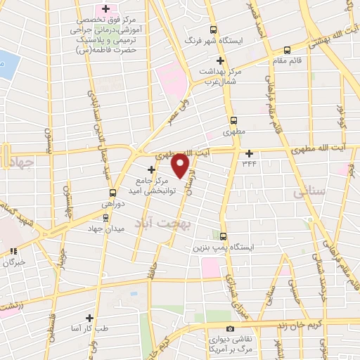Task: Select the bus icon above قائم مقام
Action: pos(287,50)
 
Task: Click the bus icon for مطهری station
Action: pos(233,120)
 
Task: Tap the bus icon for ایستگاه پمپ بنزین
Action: pos(224,236)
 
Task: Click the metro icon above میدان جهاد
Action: pos(106,217)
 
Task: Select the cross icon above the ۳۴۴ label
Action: pos(249,153)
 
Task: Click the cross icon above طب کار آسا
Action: pos(89,317)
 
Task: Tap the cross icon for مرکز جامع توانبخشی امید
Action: pos(151,169)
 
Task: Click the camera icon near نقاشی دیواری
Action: pos(230,329)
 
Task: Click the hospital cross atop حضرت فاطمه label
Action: pos(105,9)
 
